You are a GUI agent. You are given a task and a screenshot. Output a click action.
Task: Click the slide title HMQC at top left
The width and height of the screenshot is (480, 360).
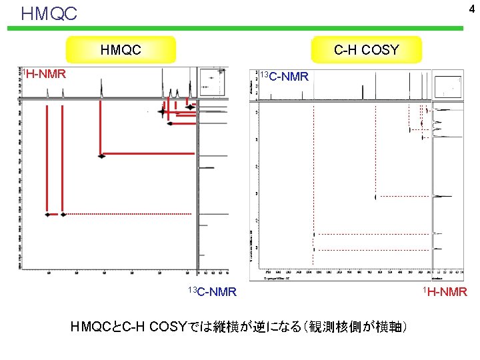[x=49, y=13]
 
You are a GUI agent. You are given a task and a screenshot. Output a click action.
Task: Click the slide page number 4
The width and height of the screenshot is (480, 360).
[x=471, y=9]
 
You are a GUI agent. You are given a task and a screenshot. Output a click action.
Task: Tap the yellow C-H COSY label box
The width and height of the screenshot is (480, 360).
[x=367, y=49]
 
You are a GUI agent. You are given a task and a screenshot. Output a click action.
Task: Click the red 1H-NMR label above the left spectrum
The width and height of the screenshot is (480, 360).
[x=43, y=73]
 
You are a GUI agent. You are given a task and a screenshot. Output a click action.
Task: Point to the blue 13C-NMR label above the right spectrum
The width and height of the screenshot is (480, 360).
[x=283, y=77]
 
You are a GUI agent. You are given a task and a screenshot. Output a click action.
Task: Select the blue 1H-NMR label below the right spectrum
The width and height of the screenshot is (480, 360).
[x=447, y=291]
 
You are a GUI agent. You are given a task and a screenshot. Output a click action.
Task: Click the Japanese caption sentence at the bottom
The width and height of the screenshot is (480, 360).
[x=240, y=327]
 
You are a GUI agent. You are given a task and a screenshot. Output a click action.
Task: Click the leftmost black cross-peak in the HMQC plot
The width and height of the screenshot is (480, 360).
[x=47, y=215]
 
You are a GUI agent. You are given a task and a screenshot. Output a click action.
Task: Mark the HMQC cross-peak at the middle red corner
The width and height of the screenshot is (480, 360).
[x=101, y=156]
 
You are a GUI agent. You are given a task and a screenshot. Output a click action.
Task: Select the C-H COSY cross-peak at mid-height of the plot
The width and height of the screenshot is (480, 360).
[x=376, y=197]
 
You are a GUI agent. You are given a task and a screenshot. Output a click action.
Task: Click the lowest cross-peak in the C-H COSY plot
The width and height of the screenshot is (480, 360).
[x=314, y=249]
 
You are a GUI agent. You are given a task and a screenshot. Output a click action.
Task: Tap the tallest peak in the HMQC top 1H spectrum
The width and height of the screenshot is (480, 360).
[x=163, y=85]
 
